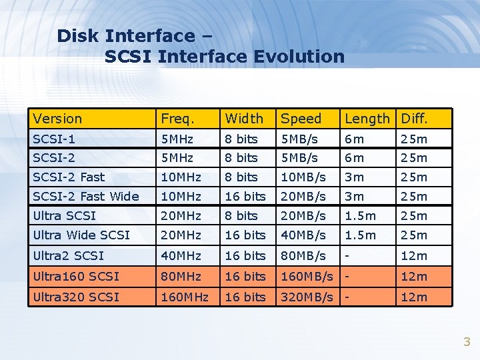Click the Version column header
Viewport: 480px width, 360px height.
[x=58, y=119]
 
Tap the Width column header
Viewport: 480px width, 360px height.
[x=244, y=119]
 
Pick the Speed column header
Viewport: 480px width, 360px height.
[x=301, y=119]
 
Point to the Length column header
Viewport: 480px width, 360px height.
[x=367, y=119]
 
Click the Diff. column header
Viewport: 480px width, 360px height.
[x=413, y=119]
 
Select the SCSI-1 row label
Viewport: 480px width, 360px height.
[x=54, y=139]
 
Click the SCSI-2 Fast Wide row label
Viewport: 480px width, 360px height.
[x=86, y=196]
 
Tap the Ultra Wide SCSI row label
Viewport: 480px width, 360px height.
[x=81, y=235]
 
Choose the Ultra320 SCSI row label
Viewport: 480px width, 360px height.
[x=76, y=297]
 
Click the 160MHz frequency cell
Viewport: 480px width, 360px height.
[x=185, y=297]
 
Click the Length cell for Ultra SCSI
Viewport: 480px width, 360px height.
[x=360, y=215]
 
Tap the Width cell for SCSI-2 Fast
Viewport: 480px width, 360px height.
[x=241, y=177]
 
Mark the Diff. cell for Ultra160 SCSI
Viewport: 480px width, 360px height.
[x=413, y=276]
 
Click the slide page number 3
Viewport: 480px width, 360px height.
[x=467, y=342]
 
